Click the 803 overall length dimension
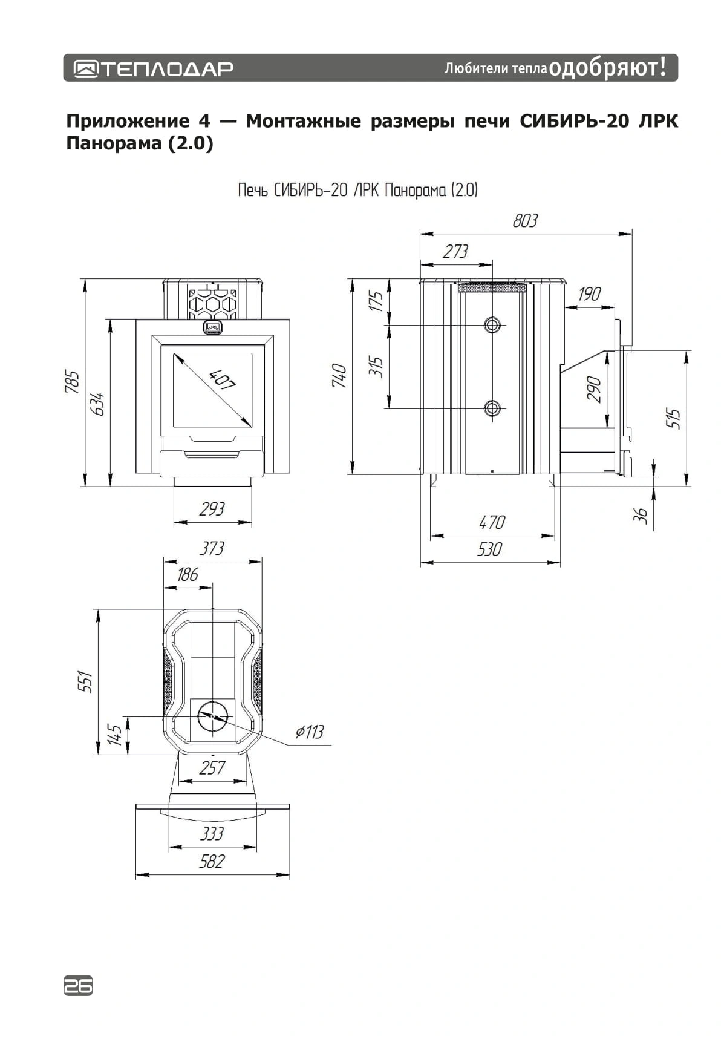point(525,221)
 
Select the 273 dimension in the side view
point(455,252)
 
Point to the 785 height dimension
point(73,382)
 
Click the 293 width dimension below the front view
point(212,509)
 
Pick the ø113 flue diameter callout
point(310,732)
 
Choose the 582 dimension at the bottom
point(212,861)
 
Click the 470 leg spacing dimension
point(491,522)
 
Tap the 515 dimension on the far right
point(674,419)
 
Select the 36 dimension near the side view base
point(641,515)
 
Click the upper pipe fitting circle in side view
point(492,325)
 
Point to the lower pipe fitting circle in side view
point(492,408)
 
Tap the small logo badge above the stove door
point(212,327)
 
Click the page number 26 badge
point(78,986)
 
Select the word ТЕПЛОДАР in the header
point(166,68)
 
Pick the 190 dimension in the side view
point(589,294)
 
